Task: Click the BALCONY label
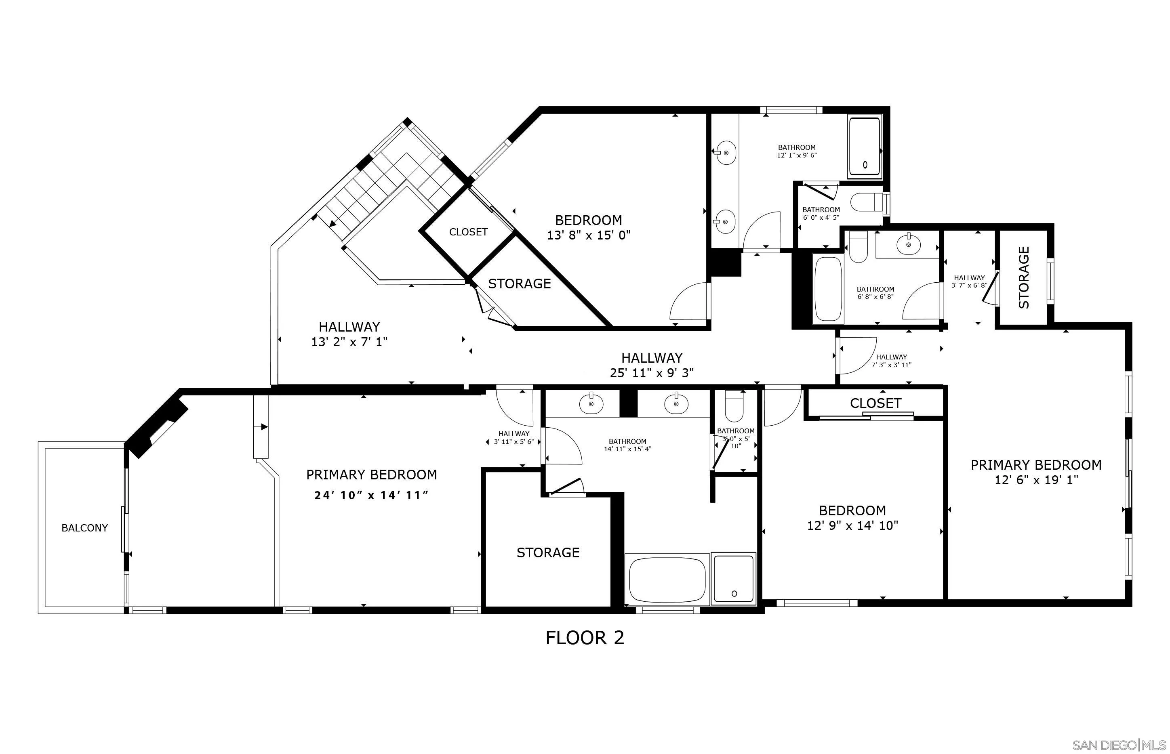tap(84, 528)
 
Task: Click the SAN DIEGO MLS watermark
tap(1119, 745)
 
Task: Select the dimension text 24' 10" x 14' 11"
tap(371, 495)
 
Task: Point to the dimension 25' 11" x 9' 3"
tap(651, 373)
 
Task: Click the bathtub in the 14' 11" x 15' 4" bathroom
tap(667, 580)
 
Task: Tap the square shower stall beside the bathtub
tap(733, 578)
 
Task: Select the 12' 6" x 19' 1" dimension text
tap(1036, 480)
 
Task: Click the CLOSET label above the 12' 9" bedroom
tap(875, 403)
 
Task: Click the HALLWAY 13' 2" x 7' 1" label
tap(349, 334)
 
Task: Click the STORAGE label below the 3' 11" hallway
tap(547, 552)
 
